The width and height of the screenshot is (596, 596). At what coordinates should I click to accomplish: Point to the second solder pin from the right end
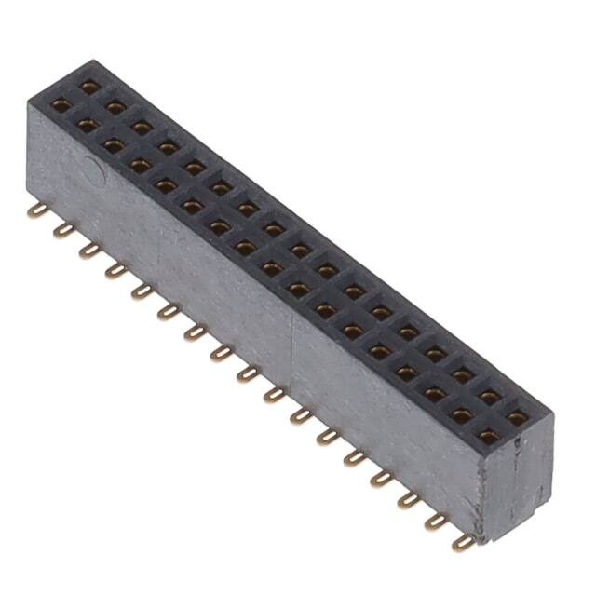(435, 521)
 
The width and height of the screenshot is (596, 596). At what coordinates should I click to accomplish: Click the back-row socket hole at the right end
(516, 417)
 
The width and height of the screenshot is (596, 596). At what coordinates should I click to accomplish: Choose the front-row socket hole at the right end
(489, 434)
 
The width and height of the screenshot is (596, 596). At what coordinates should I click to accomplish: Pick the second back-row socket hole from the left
(115, 108)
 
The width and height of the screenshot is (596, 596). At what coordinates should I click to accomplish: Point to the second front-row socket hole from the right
(462, 413)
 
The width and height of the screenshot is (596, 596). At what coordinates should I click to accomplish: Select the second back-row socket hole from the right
(489, 398)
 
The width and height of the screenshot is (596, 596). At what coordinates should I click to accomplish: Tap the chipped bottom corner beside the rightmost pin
(481, 535)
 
